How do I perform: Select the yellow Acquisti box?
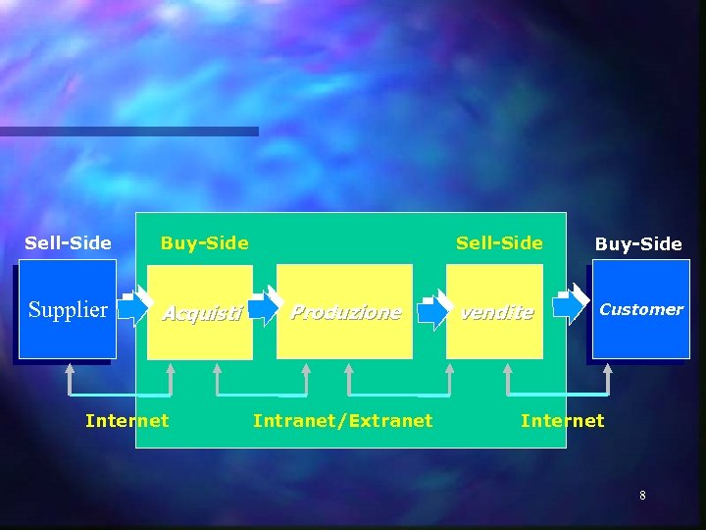click(x=200, y=313)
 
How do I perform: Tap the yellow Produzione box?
click(x=344, y=312)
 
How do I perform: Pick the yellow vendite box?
click(x=495, y=312)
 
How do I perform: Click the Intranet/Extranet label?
click(x=342, y=421)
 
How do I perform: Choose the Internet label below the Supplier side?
click(x=126, y=421)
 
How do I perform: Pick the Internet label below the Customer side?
click(x=562, y=421)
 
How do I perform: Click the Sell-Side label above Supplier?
click(x=68, y=242)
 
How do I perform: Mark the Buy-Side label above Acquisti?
click(x=204, y=242)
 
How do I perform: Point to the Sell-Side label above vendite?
click(x=498, y=242)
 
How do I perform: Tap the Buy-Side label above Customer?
click(x=638, y=243)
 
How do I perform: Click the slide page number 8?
click(x=642, y=496)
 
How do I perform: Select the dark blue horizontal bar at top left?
click(x=128, y=131)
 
